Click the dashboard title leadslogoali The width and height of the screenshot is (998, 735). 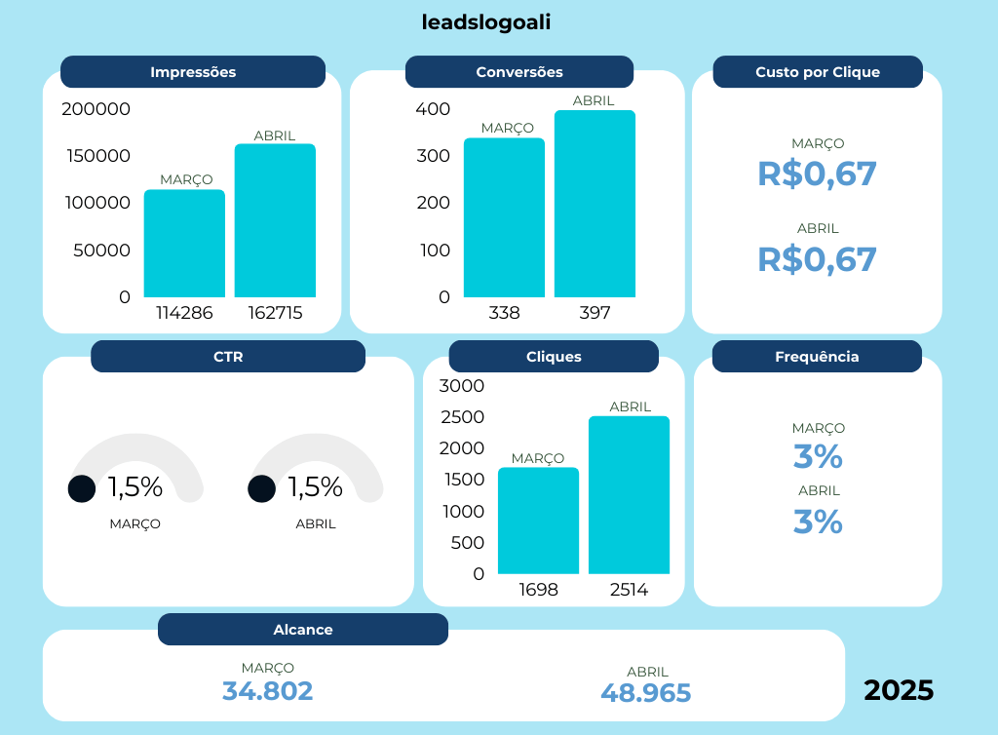coord(486,22)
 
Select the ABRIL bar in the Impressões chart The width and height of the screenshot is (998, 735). coord(275,221)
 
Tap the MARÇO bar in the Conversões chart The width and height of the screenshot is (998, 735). coord(504,218)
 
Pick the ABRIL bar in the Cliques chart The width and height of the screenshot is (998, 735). coord(629,495)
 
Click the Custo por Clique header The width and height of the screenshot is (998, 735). coord(818,72)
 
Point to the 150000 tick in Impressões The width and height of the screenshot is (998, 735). coord(96,156)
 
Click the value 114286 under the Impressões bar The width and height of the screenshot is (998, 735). coord(184,313)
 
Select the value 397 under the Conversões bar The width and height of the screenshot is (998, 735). coord(595,313)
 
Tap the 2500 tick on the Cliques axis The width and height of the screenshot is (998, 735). coord(462,417)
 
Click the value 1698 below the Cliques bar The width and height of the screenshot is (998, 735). coord(538,590)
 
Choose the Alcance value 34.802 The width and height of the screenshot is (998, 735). coord(268,691)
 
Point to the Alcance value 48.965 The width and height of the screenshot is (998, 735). coord(646,693)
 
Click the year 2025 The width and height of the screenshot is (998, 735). coord(899,690)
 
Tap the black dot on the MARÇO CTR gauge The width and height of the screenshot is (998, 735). coord(82,488)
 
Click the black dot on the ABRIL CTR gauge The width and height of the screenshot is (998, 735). coord(261,488)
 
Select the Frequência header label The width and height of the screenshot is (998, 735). coord(817,357)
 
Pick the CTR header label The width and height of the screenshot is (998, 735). coord(228,357)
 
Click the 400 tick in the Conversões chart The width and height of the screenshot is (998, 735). coord(433,109)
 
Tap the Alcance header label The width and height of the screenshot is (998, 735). coord(303,630)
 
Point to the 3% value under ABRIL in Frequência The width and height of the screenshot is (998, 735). coord(818,522)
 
